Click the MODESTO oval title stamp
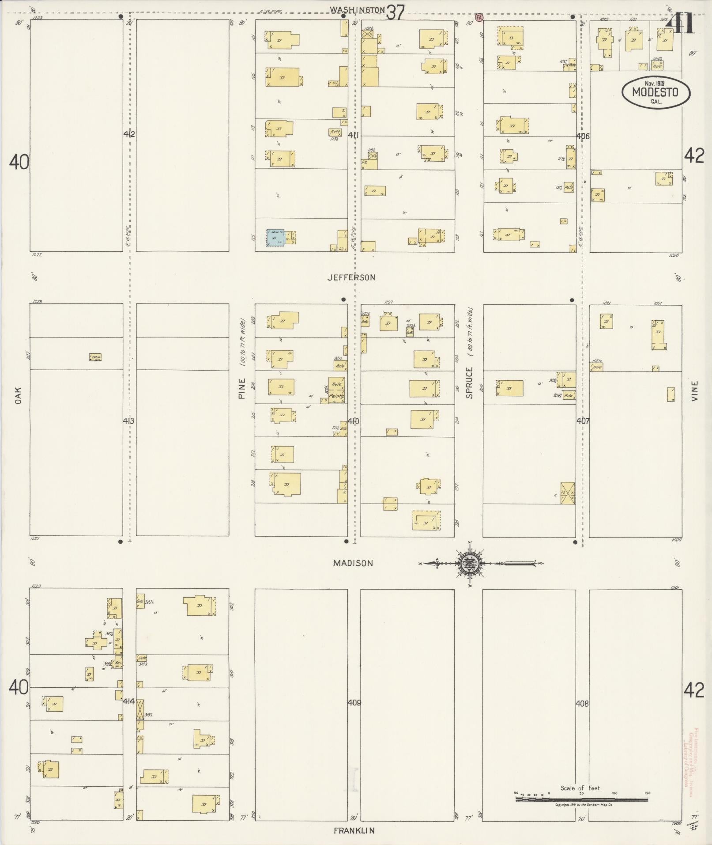click(655, 92)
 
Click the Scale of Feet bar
click(581, 799)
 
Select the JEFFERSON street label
click(351, 277)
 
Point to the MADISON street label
click(353, 563)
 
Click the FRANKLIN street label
click(354, 830)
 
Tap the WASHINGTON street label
click(357, 9)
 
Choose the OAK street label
click(18, 395)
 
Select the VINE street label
click(695, 391)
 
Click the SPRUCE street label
click(469, 383)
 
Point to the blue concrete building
click(275, 238)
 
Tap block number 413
click(128, 421)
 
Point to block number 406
click(583, 136)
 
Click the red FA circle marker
click(479, 17)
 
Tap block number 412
click(129, 134)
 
